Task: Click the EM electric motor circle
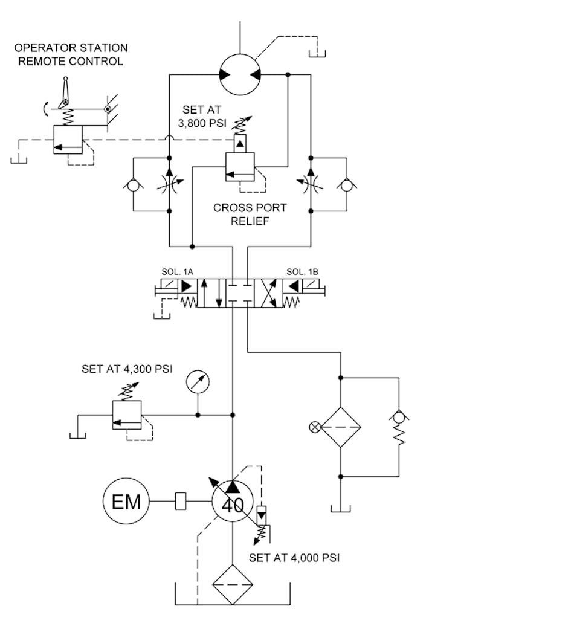(126, 502)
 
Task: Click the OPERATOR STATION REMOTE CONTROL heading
(71, 54)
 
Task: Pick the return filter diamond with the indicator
(340, 427)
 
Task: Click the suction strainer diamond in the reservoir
(232, 586)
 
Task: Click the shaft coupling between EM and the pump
(180, 502)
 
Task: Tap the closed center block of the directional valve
(240, 293)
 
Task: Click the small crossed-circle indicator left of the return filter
(314, 427)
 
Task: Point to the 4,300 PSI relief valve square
(127, 415)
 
